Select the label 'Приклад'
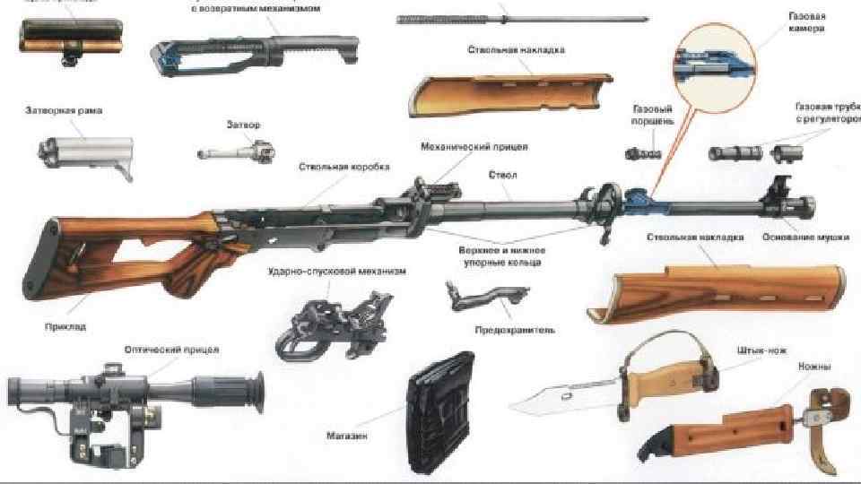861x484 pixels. point(65,327)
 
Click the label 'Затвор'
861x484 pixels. point(244,125)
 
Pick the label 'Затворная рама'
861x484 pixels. point(63,111)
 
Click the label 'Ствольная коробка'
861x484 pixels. point(334,167)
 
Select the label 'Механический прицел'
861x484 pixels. point(474,145)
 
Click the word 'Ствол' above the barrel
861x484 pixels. point(502,174)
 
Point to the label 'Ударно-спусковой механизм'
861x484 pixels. point(336,271)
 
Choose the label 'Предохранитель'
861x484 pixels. point(514,330)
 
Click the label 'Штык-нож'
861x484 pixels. point(753,350)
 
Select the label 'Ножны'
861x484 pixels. point(813,367)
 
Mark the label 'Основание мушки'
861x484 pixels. point(801,238)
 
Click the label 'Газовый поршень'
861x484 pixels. point(652,114)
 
